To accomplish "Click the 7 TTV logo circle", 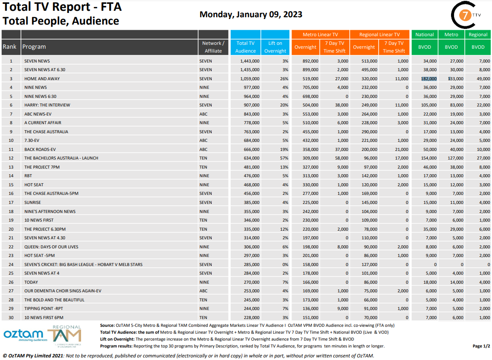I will pyautogui.click(x=464, y=16).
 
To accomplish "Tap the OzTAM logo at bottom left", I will pyautogui.click(x=23, y=335).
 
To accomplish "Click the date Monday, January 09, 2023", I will pyautogui.click(x=251, y=15).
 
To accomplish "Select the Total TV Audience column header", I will pyautogui.click(x=245, y=47).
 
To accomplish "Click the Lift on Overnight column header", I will pyautogui.click(x=275, y=47).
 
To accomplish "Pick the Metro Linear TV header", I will pyautogui.click(x=320, y=34).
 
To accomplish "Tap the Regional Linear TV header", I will pyautogui.click(x=379, y=34).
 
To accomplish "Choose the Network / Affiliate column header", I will pyautogui.click(x=213, y=47).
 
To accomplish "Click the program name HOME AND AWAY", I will pyautogui.click(x=42, y=78).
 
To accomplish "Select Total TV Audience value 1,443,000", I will pyautogui.click(x=250, y=61).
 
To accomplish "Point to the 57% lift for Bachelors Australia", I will pyautogui.click(x=285, y=158).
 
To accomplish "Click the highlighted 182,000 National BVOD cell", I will pyautogui.click(x=429, y=78).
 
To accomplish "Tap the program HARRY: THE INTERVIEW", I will pyautogui.click(x=47, y=105).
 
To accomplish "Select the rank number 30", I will pyautogui.click(x=11, y=317).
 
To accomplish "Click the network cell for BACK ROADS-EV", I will pyautogui.click(x=204, y=149).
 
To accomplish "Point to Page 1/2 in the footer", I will pyautogui.click(x=481, y=346).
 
